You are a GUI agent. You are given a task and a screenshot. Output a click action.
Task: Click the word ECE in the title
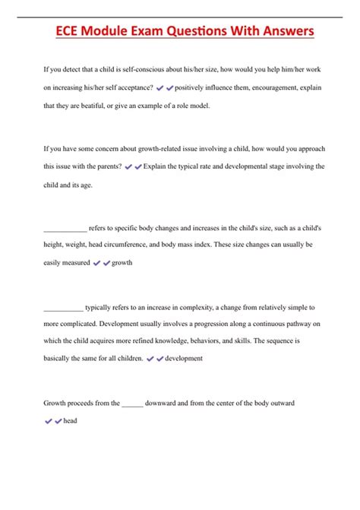(73, 33)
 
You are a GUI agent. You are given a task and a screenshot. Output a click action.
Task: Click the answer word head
(71, 420)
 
